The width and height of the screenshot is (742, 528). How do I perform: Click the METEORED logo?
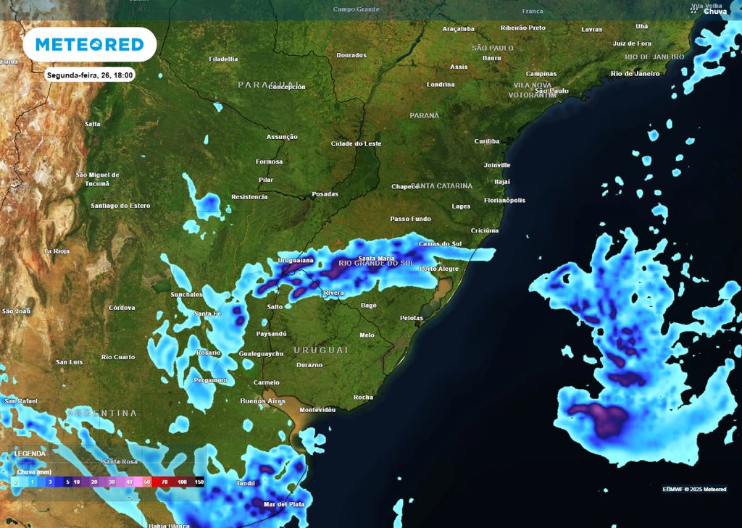coord(90,44)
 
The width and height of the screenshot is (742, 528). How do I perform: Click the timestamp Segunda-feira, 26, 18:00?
coord(90,75)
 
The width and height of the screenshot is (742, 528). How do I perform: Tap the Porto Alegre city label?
coord(439,269)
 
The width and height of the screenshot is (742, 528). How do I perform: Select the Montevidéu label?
coord(317,409)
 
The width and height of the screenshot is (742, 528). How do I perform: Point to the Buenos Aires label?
coord(262,401)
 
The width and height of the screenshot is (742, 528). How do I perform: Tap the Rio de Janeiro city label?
coord(635,73)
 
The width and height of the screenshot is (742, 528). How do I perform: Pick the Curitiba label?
coord(487,141)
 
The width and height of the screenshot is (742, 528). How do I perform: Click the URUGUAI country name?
coord(321,350)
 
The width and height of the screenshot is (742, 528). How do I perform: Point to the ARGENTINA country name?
coord(101,413)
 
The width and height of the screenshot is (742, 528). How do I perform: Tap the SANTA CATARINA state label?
coord(444,185)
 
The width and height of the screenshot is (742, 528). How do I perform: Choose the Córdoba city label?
coord(122,308)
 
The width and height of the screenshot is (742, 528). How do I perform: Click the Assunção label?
coord(282,136)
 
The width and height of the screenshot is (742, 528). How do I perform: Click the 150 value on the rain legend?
coord(199,481)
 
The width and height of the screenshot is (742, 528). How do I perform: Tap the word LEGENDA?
coord(30,453)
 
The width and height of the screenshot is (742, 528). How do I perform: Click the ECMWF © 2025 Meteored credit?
coord(694,489)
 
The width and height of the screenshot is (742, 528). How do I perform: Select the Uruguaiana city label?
coord(297,259)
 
